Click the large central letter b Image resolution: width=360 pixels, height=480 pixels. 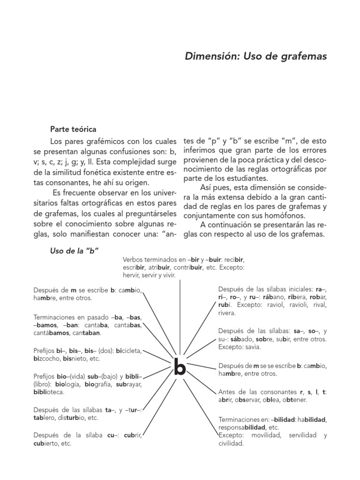pyautogui.click(x=180, y=368)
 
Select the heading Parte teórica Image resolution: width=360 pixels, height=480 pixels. pyautogui.click(x=74, y=129)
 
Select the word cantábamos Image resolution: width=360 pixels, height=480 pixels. pyautogui.click(x=50, y=333)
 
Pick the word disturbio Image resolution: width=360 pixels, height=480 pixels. pyautogui.click(x=70, y=418)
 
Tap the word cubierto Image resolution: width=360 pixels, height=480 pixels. pyautogui.click(x=48, y=443)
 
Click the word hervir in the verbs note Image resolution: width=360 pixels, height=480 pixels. pyautogui.click(x=132, y=276)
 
